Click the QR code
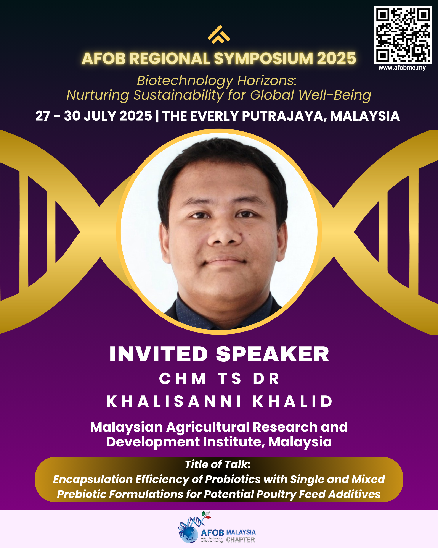click(x=403, y=35)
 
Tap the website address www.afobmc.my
click(x=402, y=68)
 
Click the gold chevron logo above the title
click(x=219, y=35)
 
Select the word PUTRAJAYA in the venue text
click(x=284, y=116)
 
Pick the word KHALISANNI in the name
click(x=174, y=401)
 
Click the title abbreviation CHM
click(x=182, y=378)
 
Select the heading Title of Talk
click(x=218, y=464)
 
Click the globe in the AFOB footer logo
click(x=188, y=535)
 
